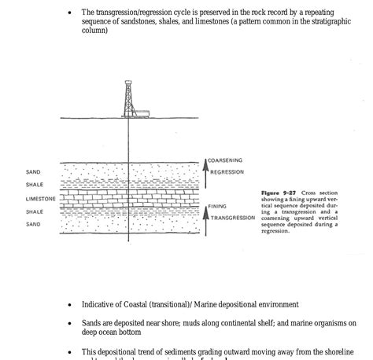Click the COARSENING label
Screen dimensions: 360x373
coord(225,160)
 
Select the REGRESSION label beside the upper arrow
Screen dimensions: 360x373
coord(227,172)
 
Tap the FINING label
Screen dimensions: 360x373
coord(217,207)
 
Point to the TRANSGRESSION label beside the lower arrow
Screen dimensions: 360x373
coord(233,218)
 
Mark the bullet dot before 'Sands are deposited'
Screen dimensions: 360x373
coord(71,323)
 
